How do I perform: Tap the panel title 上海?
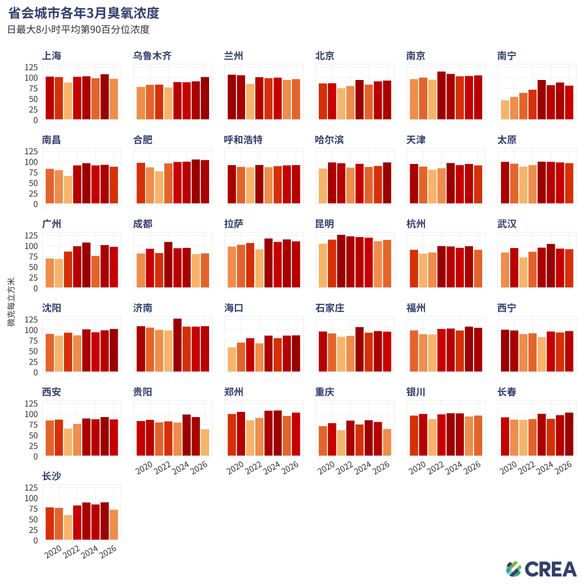(51, 56)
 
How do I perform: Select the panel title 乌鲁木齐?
(152, 56)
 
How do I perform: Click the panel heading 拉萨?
(234, 224)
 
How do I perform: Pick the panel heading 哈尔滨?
(329, 140)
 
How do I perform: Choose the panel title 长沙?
(51, 476)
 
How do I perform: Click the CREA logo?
(541, 569)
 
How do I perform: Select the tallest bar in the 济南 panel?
(177, 345)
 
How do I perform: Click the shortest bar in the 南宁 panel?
(505, 110)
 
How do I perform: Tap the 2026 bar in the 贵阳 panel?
(205, 443)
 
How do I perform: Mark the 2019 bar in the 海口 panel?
(232, 360)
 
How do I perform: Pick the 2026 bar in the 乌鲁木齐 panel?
(205, 98)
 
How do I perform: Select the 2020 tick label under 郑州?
(235, 468)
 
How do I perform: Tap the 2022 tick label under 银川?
(435, 468)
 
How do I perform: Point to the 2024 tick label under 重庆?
(363, 468)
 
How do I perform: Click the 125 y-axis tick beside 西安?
(31, 404)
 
